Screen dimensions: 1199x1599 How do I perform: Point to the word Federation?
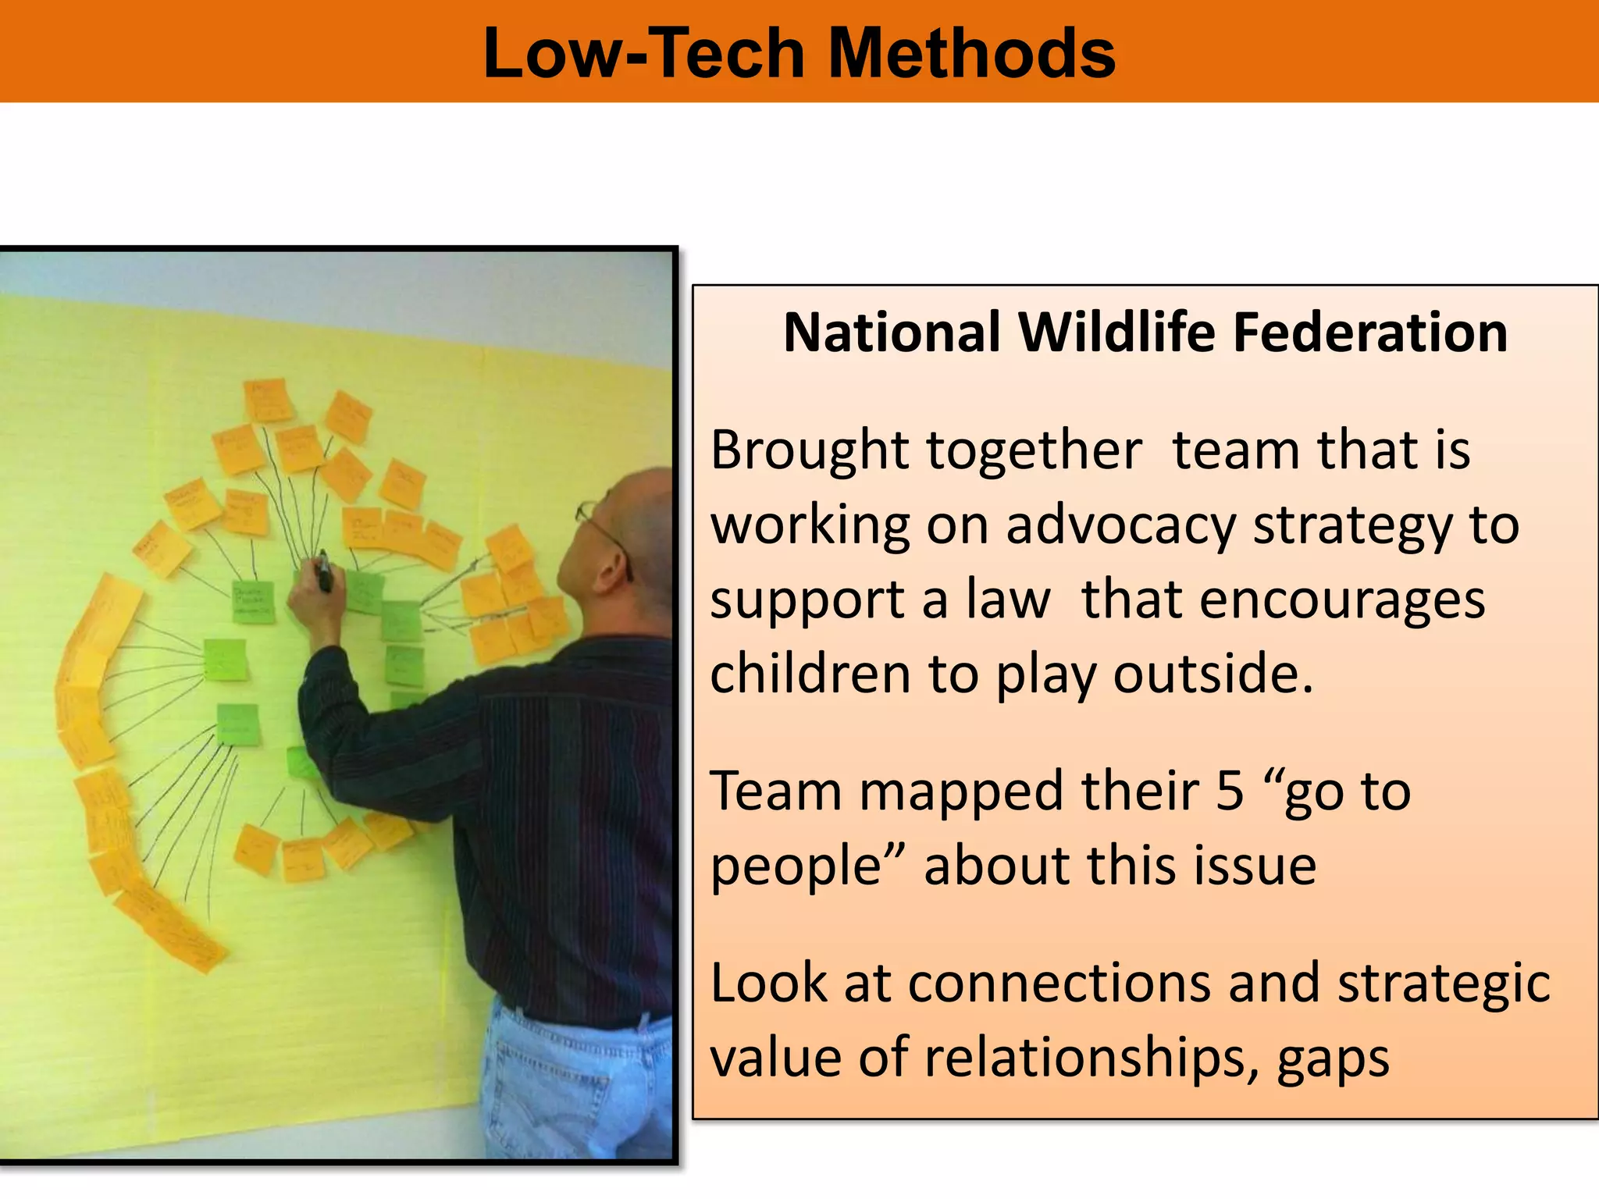pos(1369,333)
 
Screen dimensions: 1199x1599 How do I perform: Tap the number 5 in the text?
pos(1230,791)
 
